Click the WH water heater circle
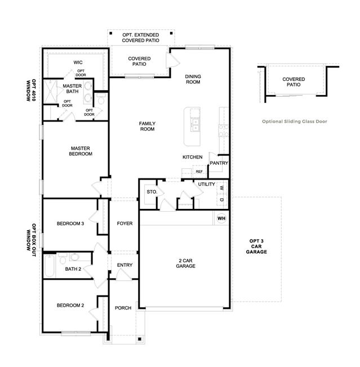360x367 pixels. (x=221, y=218)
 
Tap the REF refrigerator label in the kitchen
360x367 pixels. (x=199, y=172)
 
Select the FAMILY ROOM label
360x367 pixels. (x=147, y=126)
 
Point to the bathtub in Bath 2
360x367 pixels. (x=50, y=266)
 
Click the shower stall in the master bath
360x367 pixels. (x=50, y=92)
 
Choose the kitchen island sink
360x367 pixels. (x=195, y=125)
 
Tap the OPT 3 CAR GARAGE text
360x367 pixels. (x=256, y=246)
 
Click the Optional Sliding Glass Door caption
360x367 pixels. (x=295, y=121)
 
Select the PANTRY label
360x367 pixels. (x=219, y=163)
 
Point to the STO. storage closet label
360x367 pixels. (x=152, y=192)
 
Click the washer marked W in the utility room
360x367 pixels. (x=222, y=188)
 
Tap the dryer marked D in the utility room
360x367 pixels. (x=222, y=200)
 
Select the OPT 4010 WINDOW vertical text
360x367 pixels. (x=31, y=91)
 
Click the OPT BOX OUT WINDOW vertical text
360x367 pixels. (x=31, y=240)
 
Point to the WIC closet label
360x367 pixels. (x=78, y=62)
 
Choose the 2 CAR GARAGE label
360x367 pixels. (x=185, y=263)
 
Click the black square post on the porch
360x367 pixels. (x=140, y=339)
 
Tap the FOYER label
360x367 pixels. (x=125, y=223)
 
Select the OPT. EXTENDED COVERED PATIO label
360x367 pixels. (x=140, y=38)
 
